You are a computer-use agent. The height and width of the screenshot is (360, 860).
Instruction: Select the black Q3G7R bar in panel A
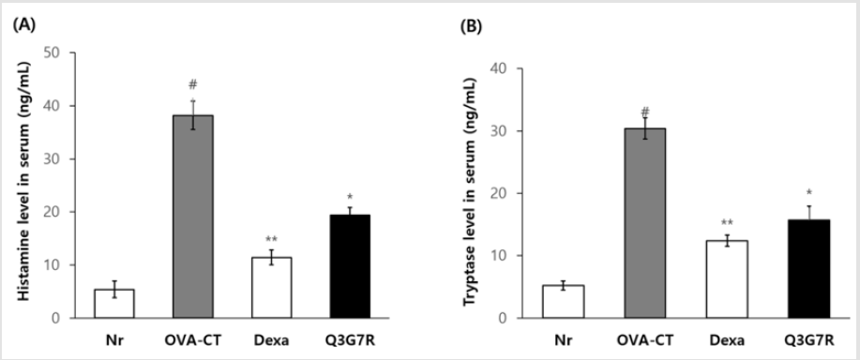click(343, 266)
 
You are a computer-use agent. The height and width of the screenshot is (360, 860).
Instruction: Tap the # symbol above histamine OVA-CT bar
click(192, 83)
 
